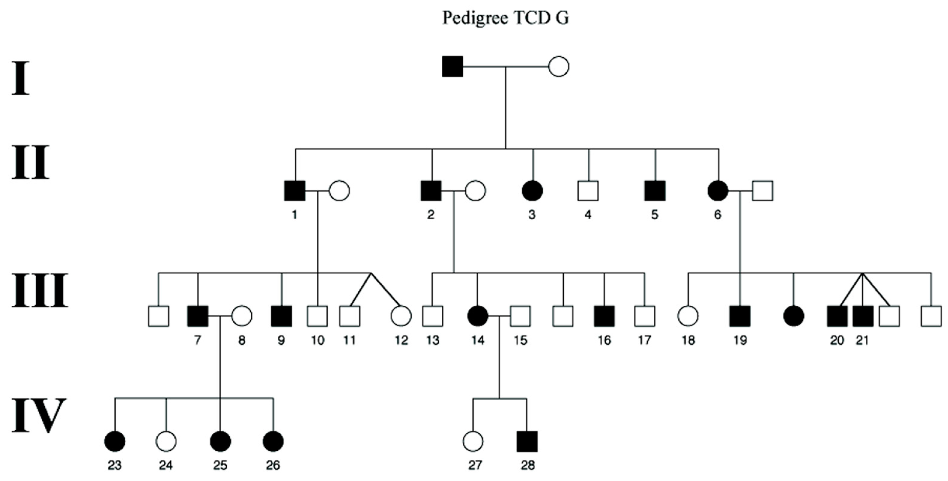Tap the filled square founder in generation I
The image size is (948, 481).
[x=452, y=67]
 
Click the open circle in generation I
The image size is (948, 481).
[x=559, y=67]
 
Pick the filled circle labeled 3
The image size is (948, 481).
[x=532, y=191]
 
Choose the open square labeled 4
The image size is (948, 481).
[x=588, y=191]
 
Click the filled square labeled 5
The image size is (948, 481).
[x=655, y=191]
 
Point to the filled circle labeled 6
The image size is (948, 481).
[x=718, y=191]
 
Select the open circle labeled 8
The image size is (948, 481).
[x=241, y=316]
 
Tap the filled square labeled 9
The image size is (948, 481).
[x=282, y=316]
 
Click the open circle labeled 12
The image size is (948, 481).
[x=401, y=316]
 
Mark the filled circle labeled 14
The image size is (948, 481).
[x=477, y=316]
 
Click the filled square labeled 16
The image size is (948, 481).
[x=604, y=316]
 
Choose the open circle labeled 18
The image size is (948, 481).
[x=688, y=316]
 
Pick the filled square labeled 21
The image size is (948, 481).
[x=863, y=316]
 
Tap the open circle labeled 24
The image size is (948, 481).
[x=166, y=441]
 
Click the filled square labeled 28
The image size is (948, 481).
[x=527, y=441]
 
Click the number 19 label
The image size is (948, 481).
[x=740, y=340]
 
